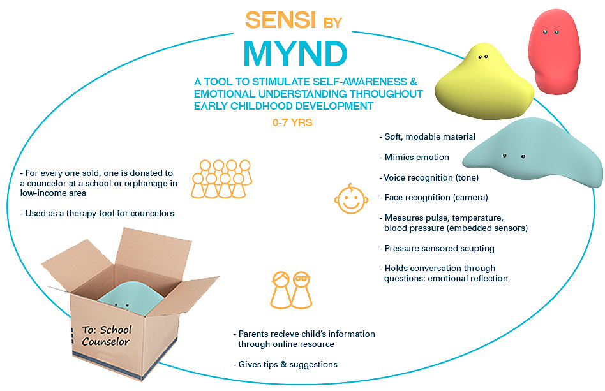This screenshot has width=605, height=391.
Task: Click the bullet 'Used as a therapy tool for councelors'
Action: coord(96,213)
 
